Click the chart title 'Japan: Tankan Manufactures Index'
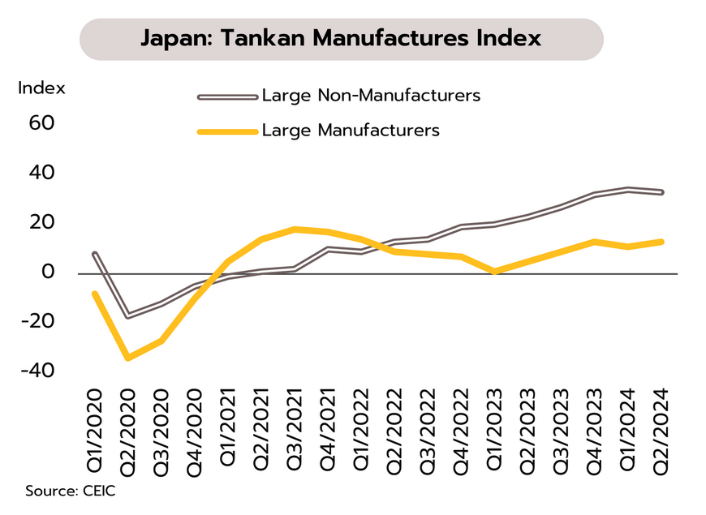point(340,38)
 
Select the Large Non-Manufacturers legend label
point(371,96)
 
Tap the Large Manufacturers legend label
point(351,130)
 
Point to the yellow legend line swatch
point(227,131)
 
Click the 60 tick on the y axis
point(42,123)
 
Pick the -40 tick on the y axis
point(38,371)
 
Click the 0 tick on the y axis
point(48,272)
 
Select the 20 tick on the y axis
point(42,222)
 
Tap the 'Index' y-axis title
point(41,88)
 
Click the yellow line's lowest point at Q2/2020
point(128,358)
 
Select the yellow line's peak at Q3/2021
point(295,229)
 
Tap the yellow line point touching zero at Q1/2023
point(495,272)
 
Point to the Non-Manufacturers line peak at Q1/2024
point(628,190)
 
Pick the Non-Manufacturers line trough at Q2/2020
point(128,315)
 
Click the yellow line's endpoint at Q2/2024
point(661,242)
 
